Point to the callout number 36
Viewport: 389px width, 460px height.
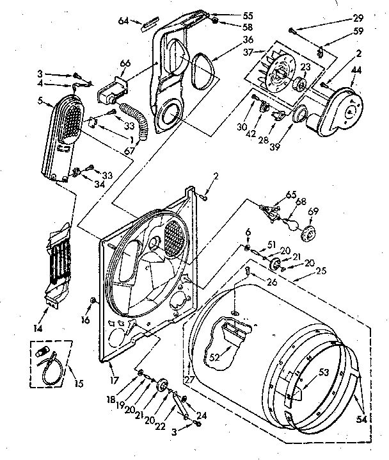(229, 40)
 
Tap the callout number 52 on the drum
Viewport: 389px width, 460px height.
(214, 357)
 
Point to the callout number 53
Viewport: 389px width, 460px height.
(324, 371)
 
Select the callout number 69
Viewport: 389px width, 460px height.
(313, 211)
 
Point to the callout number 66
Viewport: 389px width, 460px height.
(125, 63)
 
